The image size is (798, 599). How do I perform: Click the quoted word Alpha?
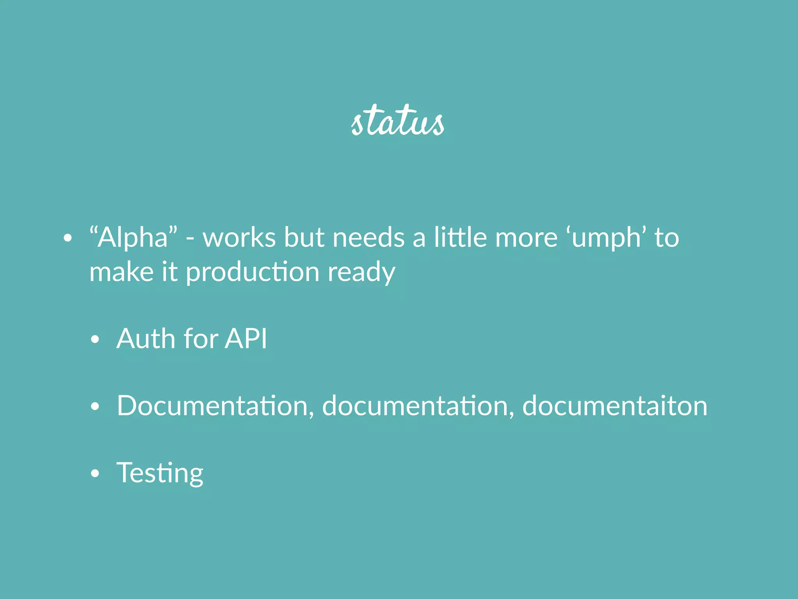(x=133, y=237)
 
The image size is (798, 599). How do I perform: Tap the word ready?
(x=361, y=273)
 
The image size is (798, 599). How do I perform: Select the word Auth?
(x=146, y=338)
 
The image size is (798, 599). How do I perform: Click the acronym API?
(x=246, y=338)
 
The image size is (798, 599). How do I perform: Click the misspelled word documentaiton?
(x=614, y=406)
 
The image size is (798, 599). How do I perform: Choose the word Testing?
(x=160, y=473)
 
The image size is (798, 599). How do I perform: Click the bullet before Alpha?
(x=68, y=238)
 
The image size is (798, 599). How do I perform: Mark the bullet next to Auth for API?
(x=95, y=339)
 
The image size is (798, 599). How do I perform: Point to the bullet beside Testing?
(x=95, y=473)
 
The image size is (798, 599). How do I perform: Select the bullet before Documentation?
(x=95, y=407)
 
